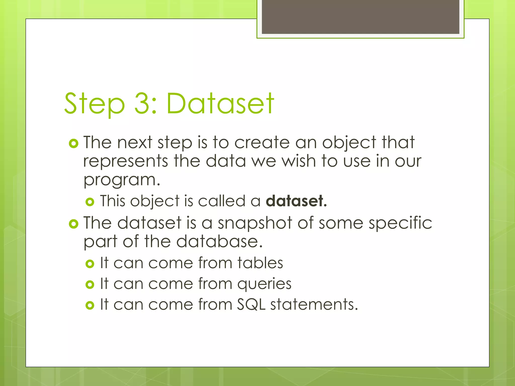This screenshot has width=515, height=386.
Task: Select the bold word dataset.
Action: click(296, 201)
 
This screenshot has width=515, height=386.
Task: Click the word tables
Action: click(260, 263)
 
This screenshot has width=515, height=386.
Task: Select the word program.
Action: click(121, 180)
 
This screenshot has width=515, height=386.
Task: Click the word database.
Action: click(219, 242)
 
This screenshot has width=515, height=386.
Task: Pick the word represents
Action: click(125, 161)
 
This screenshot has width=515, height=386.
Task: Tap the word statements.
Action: click(314, 305)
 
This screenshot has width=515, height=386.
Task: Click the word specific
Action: click(400, 223)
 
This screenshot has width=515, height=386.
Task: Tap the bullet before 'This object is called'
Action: click(90, 202)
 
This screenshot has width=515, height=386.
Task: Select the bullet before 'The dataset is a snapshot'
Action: click(73, 224)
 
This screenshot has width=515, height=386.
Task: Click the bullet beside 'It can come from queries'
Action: click(90, 285)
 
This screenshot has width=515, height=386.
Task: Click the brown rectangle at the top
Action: click(360, 17)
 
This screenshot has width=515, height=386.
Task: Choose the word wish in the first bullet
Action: click(298, 161)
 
